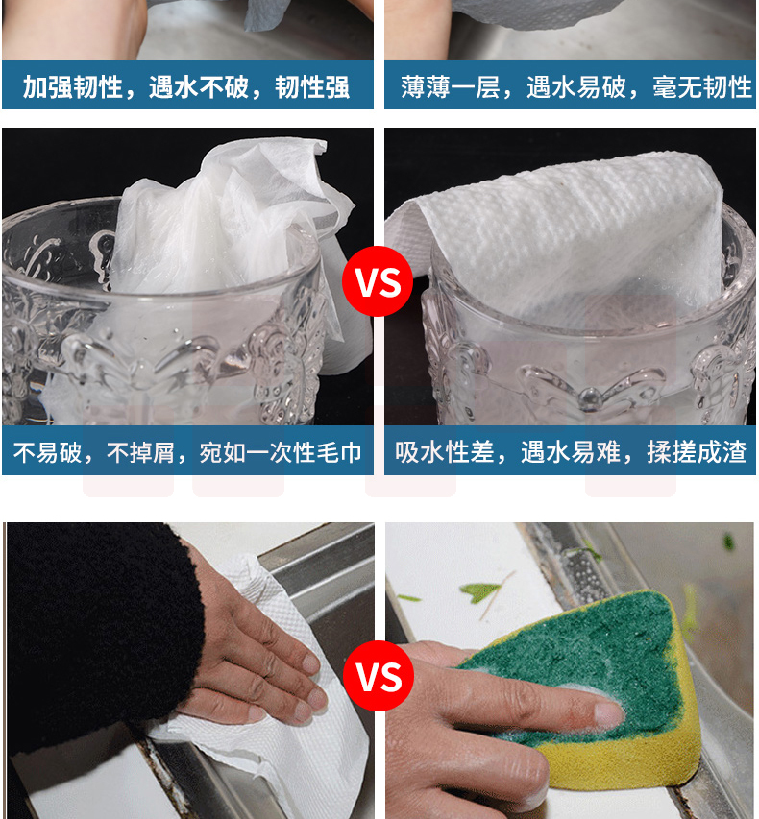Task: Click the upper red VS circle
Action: (x=378, y=281)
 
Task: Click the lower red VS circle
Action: (x=379, y=676)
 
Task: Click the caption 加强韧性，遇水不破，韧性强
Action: (x=186, y=86)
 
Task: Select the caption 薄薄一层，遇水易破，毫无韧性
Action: (x=576, y=86)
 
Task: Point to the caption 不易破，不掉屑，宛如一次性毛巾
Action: (x=187, y=452)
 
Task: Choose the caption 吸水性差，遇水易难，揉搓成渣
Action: (x=571, y=452)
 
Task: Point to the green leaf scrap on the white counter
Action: (x=479, y=591)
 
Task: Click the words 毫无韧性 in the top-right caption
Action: (x=702, y=86)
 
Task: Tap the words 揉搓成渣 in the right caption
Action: (x=697, y=452)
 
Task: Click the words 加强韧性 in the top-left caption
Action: (x=72, y=86)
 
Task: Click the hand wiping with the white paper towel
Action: (x=251, y=658)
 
